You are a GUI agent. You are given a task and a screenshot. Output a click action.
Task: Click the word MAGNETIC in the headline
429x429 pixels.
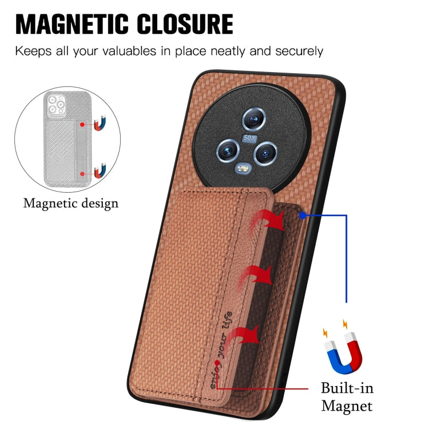click(71, 24)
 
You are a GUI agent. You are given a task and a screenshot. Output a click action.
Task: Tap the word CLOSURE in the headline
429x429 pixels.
click(185, 24)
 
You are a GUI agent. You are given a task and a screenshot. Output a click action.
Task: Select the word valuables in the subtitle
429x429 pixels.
click(129, 51)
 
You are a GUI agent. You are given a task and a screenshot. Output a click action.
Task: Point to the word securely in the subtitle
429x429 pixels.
click(299, 51)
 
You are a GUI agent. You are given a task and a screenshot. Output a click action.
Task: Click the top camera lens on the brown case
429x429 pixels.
click(254, 119)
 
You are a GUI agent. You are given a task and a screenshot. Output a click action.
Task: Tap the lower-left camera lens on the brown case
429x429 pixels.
click(228, 151)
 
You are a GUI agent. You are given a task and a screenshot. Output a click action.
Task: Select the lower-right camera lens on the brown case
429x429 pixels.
click(265, 153)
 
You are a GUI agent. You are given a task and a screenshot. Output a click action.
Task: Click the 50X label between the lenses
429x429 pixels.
click(249, 138)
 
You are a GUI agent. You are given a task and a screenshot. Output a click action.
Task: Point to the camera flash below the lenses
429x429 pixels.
click(243, 169)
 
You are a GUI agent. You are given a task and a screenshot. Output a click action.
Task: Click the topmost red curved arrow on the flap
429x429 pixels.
click(269, 220)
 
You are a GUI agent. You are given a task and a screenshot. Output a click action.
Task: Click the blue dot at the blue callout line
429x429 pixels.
click(303, 216)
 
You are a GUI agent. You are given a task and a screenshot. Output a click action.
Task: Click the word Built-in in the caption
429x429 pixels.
click(347, 388)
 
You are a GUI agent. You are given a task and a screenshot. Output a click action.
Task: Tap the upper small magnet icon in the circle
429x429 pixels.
click(100, 124)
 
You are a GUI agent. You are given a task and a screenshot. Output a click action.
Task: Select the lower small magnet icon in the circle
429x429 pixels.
click(100, 170)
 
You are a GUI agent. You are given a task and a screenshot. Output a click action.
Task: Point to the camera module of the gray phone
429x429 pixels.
click(57, 104)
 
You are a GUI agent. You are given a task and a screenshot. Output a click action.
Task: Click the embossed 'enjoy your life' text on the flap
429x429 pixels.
click(221, 350)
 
